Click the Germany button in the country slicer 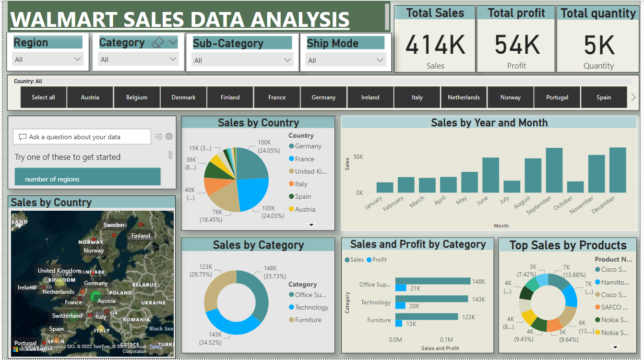tap(323, 97)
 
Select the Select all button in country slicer tap(43, 97)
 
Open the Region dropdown tap(48, 60)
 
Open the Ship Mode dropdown tap(345, 60)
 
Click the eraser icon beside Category tap(157, 43)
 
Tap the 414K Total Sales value tap(435, 45)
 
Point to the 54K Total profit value tap(517, 45)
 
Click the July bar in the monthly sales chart tap(512, 187)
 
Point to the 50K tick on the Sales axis tap(358, 157)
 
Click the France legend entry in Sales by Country tap(304, 159)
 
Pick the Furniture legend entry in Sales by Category tap(308, 320)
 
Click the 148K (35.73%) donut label tap(274, 272)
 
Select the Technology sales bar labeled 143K tap(431, 299)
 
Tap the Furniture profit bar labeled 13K tap(399, 324)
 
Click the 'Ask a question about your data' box tap(82, 137)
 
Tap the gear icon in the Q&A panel tap(169, 137)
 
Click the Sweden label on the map tap(114, 225)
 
